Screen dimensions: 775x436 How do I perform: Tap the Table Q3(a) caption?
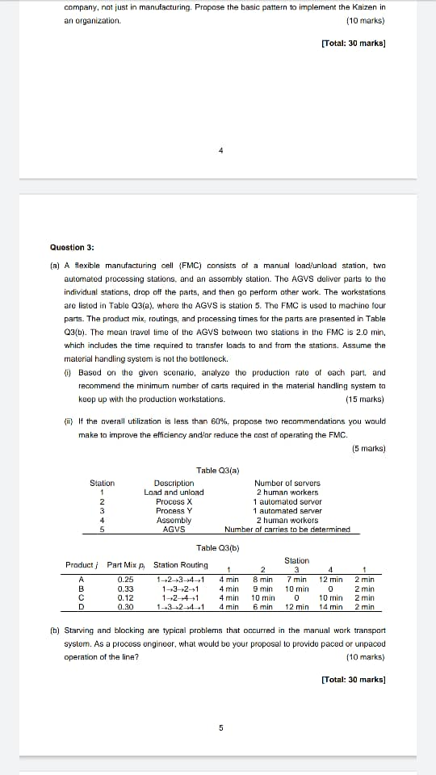pos(216,471)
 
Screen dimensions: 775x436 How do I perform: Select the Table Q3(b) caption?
pos(216,548)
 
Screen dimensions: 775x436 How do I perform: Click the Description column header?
pos(174,483)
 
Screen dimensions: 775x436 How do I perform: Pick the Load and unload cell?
pos(174,492)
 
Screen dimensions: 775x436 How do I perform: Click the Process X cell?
pos(174,501)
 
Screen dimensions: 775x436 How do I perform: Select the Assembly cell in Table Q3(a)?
pos(174,520)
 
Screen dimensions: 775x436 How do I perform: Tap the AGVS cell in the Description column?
pos(174,530)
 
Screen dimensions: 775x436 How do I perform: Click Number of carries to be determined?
pos(287,530)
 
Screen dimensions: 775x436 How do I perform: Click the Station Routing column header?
pos(180,565)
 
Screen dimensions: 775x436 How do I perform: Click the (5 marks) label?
pos(368,448)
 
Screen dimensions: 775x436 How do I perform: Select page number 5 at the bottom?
pos(221,727)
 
